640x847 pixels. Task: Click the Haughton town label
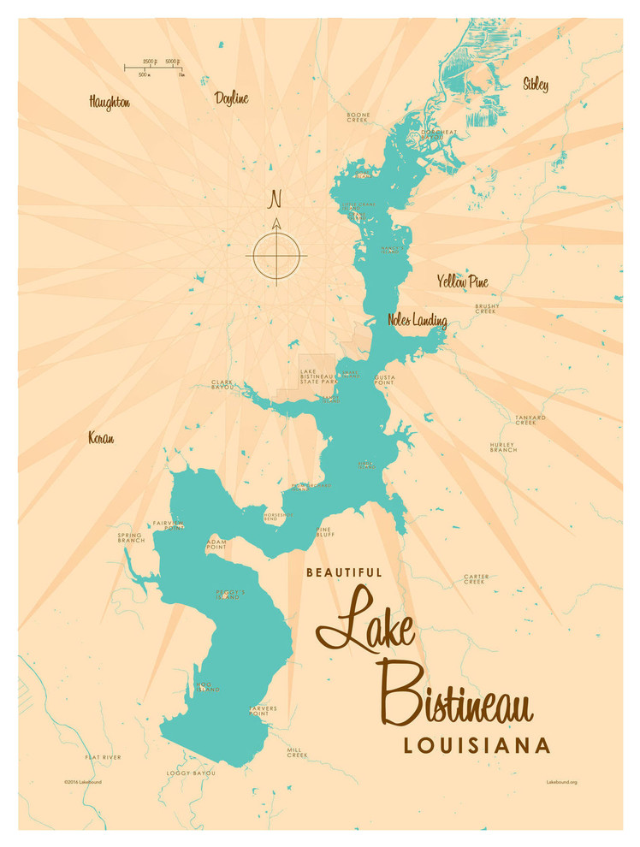[x=110, y=102]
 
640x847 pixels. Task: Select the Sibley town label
[x=535, y=84]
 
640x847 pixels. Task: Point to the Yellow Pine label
[x=462, y=281]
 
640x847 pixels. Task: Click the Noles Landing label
[x=417, y=321]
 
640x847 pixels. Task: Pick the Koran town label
[x=101, y=438]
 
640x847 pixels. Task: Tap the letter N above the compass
[x=276, y=199]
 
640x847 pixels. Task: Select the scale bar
[x=155, y=66]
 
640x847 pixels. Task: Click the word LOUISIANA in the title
[x=477, y=745]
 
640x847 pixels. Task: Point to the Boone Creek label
[x=358, y=117]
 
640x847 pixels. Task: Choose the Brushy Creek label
[x=487, y=308]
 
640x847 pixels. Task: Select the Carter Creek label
[x=476, y=578]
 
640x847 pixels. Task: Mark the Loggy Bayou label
[x=191, y=773]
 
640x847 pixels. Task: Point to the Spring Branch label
[x=131, y=538]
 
